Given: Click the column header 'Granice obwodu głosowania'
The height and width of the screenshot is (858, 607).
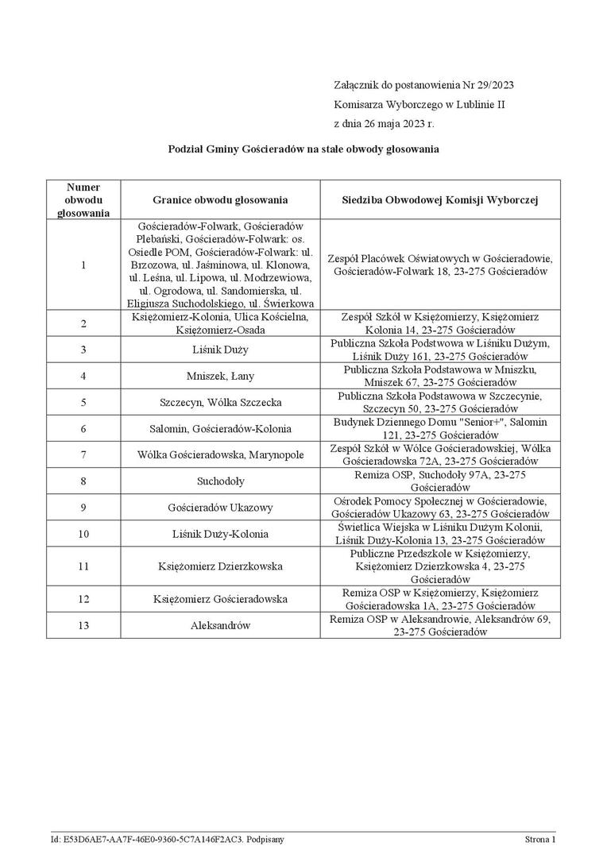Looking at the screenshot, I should point(220,200).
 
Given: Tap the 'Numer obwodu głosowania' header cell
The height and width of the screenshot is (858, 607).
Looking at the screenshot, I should point(83,200).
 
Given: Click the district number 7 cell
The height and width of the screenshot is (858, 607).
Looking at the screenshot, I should point(83,454).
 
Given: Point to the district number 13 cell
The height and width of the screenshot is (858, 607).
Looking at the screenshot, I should point(83,625).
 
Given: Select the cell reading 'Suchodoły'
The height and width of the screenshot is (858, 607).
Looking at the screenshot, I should point(220,481).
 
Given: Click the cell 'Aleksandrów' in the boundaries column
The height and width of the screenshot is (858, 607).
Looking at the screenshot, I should point(220,625).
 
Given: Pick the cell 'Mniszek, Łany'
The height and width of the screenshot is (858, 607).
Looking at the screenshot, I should point(220,376).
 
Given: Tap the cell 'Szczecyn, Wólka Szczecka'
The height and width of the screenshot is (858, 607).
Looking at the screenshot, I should point(220,402).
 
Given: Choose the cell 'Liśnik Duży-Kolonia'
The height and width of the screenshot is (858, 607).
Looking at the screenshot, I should point(220,533).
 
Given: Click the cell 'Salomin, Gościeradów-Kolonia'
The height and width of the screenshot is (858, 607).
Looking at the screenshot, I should point(220,428).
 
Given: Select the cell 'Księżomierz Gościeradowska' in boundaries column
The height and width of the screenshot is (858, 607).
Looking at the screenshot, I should point(220,599).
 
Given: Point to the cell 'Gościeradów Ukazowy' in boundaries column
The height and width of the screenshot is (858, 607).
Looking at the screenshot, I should point(220,507).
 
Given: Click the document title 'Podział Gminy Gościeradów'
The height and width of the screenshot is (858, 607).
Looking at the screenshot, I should point(303,149).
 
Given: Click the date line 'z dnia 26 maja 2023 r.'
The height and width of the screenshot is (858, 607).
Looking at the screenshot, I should point(385,124).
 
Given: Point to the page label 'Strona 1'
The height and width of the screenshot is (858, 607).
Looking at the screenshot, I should point(539,839).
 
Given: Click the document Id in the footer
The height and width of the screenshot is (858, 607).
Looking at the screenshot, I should point(167,839).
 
